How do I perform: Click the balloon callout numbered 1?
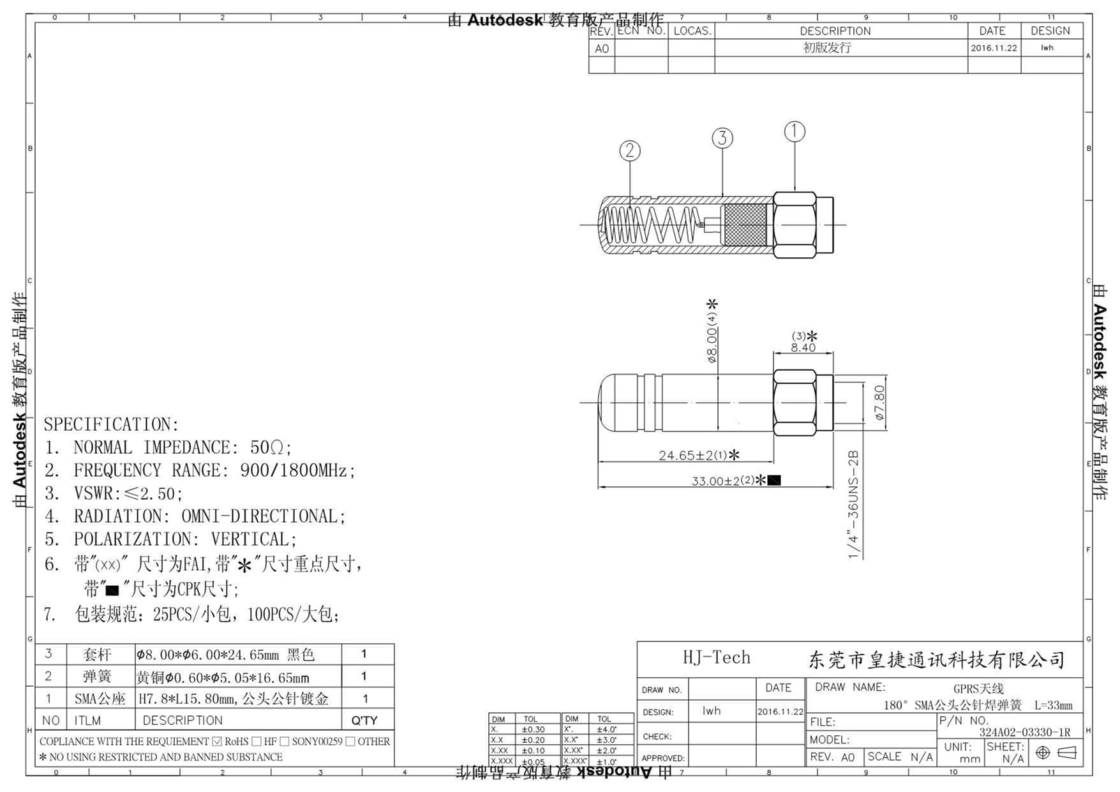click(x=795, y=131)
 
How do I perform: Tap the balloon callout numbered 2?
click(x=630, y=151)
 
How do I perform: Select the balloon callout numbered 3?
click(x=722, y=138)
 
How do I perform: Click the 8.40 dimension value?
click(x=803, y=348)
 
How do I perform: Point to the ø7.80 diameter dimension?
click(x=879, y=403)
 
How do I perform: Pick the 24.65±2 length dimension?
click(x=692, y=455)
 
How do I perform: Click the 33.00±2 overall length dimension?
click(x=723, y=481)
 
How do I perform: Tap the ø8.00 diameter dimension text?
click(x=712, y=337)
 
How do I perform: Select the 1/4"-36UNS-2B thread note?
click(x=854, y=504)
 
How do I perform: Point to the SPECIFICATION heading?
click(x=111, y=424)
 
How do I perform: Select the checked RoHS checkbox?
click(x=217, y=742)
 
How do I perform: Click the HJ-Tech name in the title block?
click(x=717, y=657)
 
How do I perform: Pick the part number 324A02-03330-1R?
click(x=1025, y=732)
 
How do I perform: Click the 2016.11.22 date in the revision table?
click(x=994, y=48)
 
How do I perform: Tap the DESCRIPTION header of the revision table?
click(x=835, y=31)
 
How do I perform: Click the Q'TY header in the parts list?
click(x=364, y=721)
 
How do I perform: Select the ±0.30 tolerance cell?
click(x=533, y=729)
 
